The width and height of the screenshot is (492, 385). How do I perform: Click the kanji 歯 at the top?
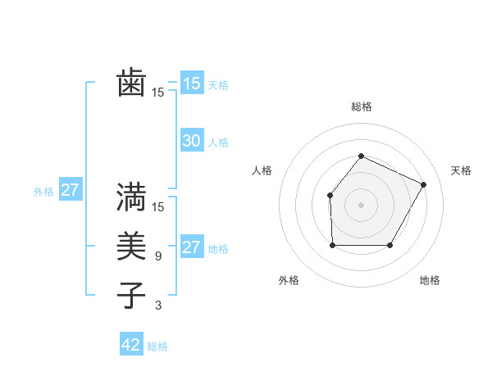click(x=131, y=84)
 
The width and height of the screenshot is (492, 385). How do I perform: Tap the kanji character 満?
click(x=131, y=197)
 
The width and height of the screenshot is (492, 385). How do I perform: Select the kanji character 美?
click(x=131, y=247)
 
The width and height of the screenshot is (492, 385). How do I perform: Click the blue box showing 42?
click(x=131, y=345)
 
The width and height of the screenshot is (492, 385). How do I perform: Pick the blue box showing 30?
click(x=191, y=141)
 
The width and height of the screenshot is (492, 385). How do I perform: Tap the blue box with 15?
click(x=191, y=84)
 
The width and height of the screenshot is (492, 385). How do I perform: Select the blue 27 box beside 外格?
click(x=71, y=191)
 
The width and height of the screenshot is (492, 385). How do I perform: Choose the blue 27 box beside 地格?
click(x=191, y=247)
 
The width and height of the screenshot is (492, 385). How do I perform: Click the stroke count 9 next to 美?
click(x=158, y=256)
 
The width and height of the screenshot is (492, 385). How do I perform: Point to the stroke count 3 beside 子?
click(x=158, y=306)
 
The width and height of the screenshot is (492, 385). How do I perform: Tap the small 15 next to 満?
click(x=158, y=207)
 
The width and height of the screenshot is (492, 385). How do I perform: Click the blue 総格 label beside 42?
click(x=157, y=346)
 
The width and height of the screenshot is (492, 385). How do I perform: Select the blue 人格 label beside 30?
click(x=218, y=143)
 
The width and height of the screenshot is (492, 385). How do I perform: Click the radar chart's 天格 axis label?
click(x=461, y=170)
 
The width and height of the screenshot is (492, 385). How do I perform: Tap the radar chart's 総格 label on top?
click(x=361, y=106)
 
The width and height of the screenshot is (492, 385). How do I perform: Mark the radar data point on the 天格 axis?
click(x=424, y=184)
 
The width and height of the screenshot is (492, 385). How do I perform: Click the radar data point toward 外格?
click(x=332, y=245)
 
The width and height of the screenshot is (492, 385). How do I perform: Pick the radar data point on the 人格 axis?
click(x=330, y=195)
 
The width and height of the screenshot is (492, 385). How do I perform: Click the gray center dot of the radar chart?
click(x=361, y=205)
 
